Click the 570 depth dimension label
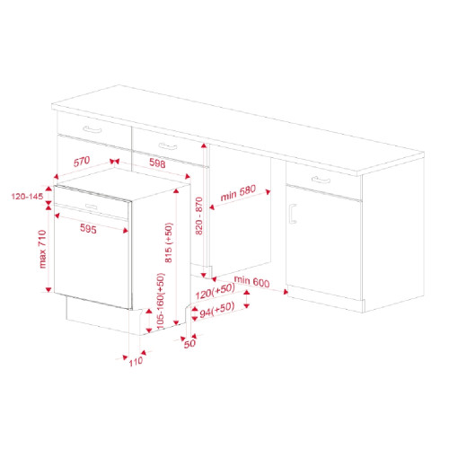82,162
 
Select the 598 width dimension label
157,163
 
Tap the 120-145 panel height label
27,197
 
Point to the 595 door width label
88,229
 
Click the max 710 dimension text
42,249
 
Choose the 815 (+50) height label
169,242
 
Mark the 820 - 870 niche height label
199,216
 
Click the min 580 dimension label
238,193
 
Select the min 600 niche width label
251,281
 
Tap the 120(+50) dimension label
215,292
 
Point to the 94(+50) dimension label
217,310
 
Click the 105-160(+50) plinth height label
161,301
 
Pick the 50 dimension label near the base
189,344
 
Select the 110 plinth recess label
136,362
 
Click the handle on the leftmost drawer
92,129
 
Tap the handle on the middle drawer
168,146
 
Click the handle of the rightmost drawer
321,180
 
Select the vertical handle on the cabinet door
293,214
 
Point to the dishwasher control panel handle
92,207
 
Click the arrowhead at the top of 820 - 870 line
204,145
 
